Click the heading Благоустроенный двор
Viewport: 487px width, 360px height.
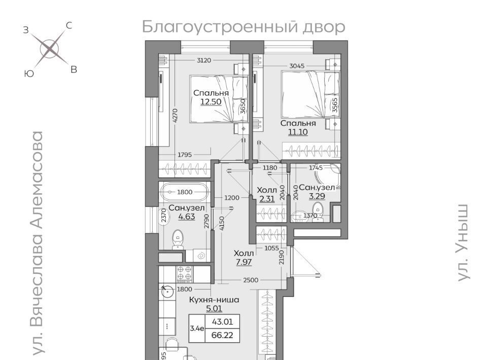(243, 27)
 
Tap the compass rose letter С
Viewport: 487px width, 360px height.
(69, 25)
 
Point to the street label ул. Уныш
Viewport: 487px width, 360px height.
(463, 243)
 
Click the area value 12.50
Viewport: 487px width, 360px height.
(211, 102)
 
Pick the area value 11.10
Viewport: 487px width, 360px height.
(298, 132)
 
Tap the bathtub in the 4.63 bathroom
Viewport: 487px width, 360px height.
(185, 192)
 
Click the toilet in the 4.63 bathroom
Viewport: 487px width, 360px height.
(178, 239)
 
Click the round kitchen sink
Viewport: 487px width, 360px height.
(167, 292)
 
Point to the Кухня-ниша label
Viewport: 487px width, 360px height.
(214, 300)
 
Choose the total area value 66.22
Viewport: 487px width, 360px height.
(222, 335)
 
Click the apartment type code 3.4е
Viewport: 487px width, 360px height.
(197, 329)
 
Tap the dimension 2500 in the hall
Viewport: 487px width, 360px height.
(251, 280)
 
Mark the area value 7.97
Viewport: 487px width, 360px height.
(244, 262)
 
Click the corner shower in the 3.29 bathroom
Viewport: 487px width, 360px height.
(328, 176)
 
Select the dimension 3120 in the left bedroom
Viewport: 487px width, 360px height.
(204, 60)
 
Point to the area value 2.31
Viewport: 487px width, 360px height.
(267, 199)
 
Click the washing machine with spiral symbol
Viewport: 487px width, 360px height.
(201, 256)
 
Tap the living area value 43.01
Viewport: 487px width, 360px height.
(222, 321)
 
